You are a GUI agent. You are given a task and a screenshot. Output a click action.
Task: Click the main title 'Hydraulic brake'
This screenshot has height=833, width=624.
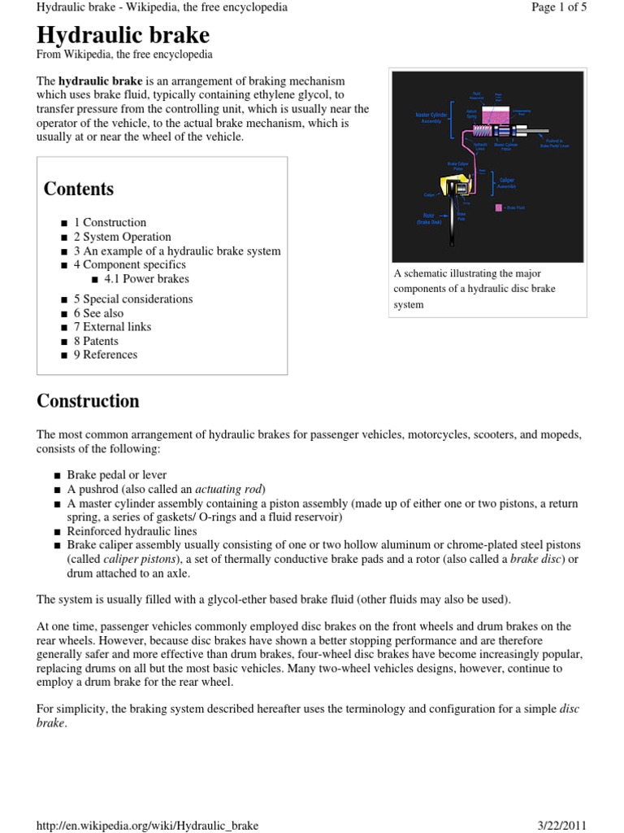(x=123, y=35)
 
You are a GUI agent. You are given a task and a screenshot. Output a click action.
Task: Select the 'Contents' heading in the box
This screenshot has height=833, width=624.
(x=78, y=189)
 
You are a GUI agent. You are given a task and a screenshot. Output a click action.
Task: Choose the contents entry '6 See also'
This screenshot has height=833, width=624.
(x=98, y=313)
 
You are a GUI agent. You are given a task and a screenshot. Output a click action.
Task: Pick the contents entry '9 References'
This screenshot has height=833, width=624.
(x=106, y=355)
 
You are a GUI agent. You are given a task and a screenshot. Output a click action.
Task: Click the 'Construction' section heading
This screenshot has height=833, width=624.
(x=88, y=401)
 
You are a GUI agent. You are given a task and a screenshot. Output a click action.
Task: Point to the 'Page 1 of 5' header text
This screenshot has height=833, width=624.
(x=558, y=7)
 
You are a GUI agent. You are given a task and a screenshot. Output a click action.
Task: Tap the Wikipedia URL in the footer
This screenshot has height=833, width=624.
(x=148, y=825)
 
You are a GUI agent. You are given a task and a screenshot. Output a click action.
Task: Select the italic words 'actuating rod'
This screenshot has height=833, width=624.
(x=230, y=489)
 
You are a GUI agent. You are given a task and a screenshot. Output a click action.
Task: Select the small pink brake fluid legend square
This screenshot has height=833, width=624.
(x=498, y=207)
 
